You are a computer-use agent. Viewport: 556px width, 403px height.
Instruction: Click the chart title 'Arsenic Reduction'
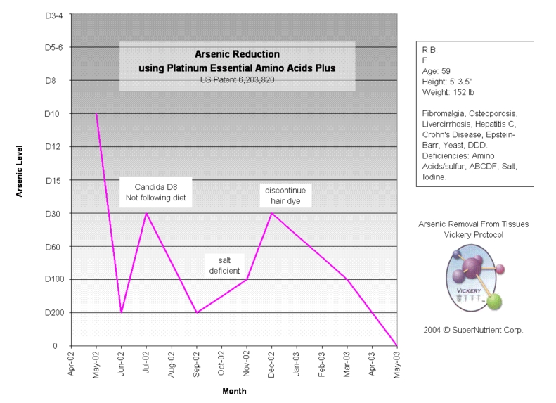pos(236,54)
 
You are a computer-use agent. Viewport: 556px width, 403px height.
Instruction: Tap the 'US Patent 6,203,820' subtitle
pos(236,80)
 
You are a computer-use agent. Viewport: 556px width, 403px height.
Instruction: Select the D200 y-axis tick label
pos(53,313)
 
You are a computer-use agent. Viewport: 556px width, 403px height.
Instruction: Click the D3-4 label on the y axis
pos(53,15)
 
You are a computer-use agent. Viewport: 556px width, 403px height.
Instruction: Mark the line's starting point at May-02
pos(96,114)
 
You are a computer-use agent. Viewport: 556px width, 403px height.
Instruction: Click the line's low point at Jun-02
pos(121,312)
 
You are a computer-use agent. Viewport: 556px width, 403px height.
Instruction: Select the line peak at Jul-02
pos(146,213)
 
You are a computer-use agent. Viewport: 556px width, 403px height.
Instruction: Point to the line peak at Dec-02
pos(272,213)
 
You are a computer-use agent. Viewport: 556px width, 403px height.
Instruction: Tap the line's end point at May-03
pos(397,345)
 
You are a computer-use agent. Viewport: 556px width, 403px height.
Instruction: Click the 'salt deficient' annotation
pos(225,265)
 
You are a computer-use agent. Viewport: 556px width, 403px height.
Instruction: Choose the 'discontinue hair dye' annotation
pos(285,196)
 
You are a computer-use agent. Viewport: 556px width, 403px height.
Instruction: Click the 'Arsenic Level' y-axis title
pos(20,172)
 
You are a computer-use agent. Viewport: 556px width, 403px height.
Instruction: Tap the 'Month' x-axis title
pos(234,391)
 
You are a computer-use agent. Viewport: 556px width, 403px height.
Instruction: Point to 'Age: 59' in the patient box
pos(436,72)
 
